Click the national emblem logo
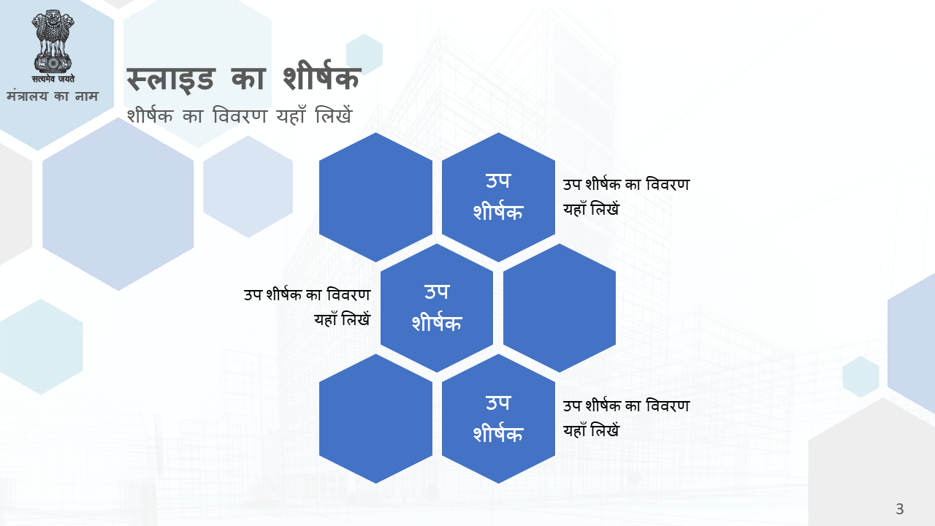click(53, 42)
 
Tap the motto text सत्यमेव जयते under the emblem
click(53, 78)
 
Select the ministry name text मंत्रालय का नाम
click(53, 96)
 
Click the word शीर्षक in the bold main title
click(321, 75)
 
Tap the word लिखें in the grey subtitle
click(334, 115)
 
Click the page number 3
click(899, 509)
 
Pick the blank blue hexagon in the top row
click(375, 197)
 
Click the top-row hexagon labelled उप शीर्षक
click(498, 197)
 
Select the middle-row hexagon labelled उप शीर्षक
click(437, 308)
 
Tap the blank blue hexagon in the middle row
click(560, 308)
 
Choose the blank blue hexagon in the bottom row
click(375, 419)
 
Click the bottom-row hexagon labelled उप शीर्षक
click(498, 419)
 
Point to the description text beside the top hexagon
click(626, 197)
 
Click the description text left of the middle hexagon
click(308, 308)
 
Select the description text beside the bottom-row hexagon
click(626, 419)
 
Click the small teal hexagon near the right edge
click(860, 376)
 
